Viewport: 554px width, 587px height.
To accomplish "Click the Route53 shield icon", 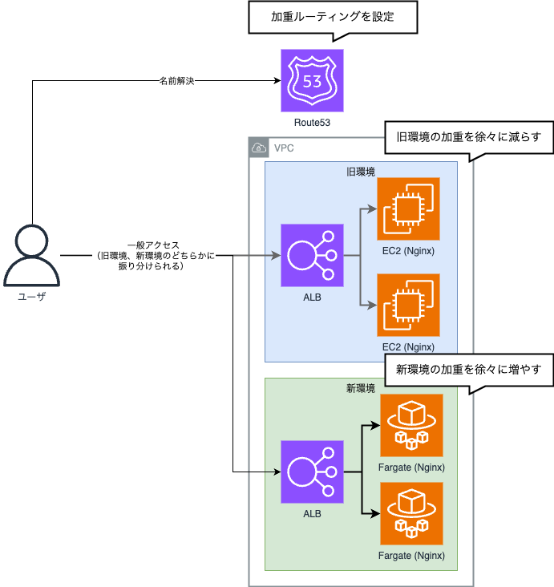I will (312, 80).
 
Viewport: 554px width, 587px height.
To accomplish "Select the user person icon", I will (32, 256).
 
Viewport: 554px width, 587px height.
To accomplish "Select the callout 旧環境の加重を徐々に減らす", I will (464, 136).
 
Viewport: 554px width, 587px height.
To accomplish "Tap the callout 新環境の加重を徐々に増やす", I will (464, 370).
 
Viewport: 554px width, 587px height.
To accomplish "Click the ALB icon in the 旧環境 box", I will (312, 256).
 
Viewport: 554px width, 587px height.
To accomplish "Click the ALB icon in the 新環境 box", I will (312, 472).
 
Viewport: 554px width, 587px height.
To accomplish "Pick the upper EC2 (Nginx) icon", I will (409, 208).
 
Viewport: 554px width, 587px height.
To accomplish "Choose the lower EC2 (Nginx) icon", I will (409, 305).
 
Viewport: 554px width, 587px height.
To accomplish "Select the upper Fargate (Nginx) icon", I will (411, 425).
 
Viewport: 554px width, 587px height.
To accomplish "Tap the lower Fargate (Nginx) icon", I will (411, 513).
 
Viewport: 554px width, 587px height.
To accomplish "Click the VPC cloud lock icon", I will (259, 148).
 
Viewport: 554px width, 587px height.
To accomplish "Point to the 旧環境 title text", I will (361, 172).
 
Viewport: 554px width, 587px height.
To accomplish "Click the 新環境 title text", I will (361, 388).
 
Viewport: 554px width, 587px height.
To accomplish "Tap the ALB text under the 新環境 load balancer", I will (312, 513).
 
